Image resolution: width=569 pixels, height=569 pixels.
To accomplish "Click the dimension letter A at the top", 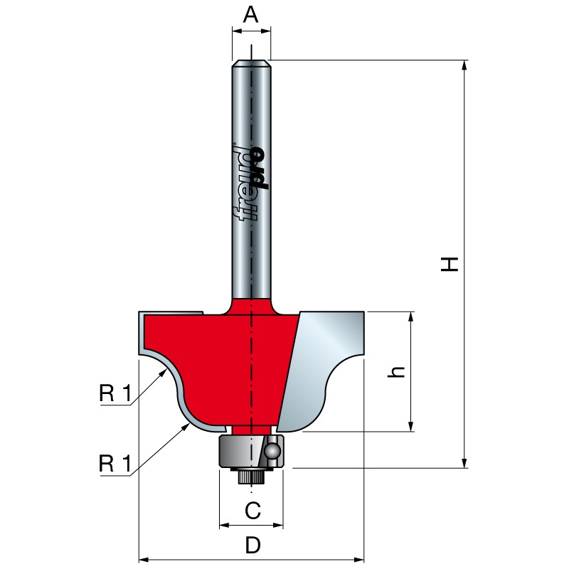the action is point(251,15).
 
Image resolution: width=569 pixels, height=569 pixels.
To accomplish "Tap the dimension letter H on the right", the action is point(450,264).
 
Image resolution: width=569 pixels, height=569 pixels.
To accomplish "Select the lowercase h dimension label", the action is point(396,372).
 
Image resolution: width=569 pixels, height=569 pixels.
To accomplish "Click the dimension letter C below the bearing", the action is point(252,511).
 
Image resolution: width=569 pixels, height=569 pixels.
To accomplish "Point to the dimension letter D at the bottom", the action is point(253,546).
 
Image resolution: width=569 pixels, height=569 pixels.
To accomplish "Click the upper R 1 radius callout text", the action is point(115,394).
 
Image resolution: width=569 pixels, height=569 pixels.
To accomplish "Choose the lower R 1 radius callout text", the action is point(115,464).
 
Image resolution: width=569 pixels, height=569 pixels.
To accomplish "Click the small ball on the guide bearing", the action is point(272,452).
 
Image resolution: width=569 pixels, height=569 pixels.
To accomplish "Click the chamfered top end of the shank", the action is point(251,63).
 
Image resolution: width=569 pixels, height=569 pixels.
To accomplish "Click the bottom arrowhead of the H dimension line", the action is point(464,463).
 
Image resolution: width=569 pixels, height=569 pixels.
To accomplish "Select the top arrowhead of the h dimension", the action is point(411,317).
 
